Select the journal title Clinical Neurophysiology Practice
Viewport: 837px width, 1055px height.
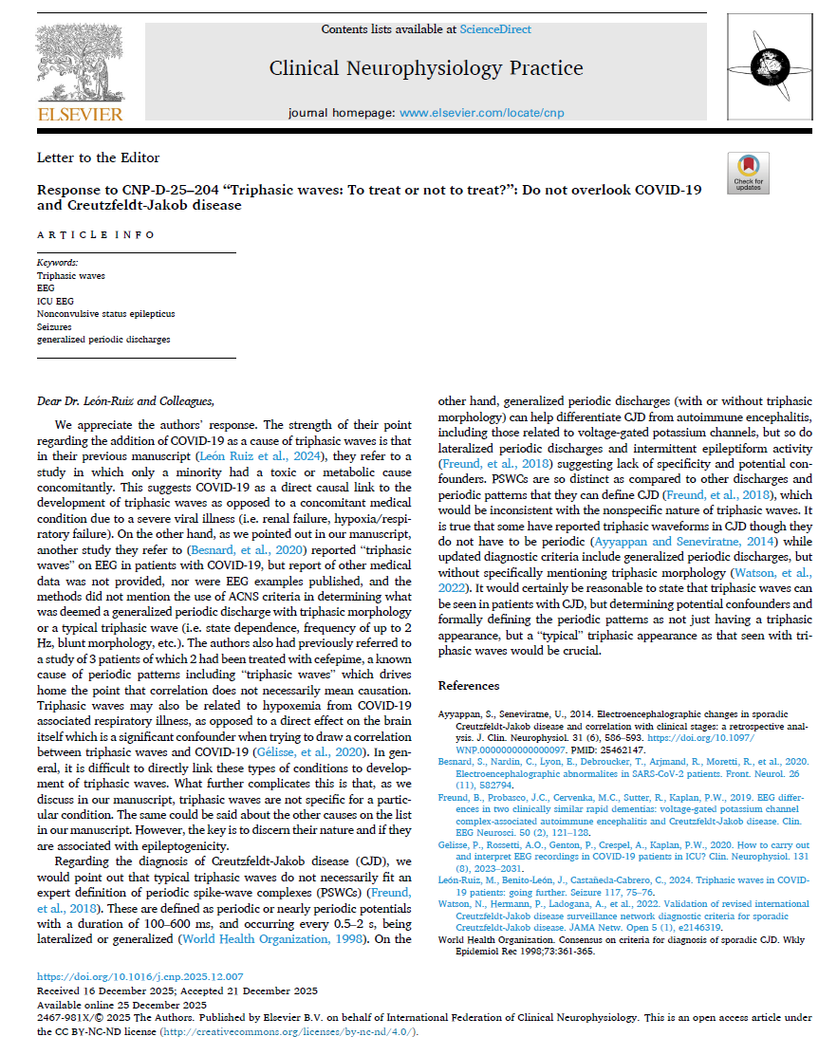(426, 68)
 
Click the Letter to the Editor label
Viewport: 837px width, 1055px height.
(98, 157)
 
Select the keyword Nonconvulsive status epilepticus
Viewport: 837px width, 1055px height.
(105, 313)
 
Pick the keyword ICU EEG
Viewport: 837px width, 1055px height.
(55, 301)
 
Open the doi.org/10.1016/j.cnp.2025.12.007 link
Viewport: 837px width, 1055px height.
(140, 976)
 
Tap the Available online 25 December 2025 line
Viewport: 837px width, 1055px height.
(121, 1004)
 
